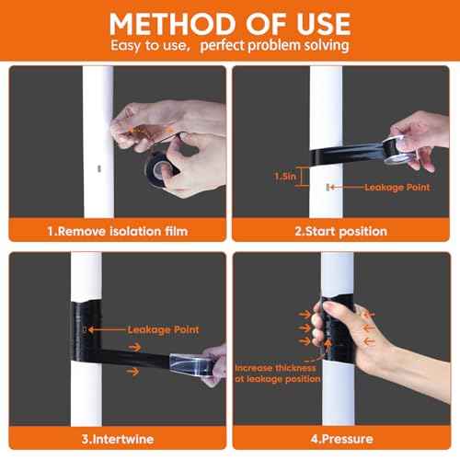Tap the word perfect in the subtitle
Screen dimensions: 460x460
tap(238, 45)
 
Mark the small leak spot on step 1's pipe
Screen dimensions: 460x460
tap(100, 168)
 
